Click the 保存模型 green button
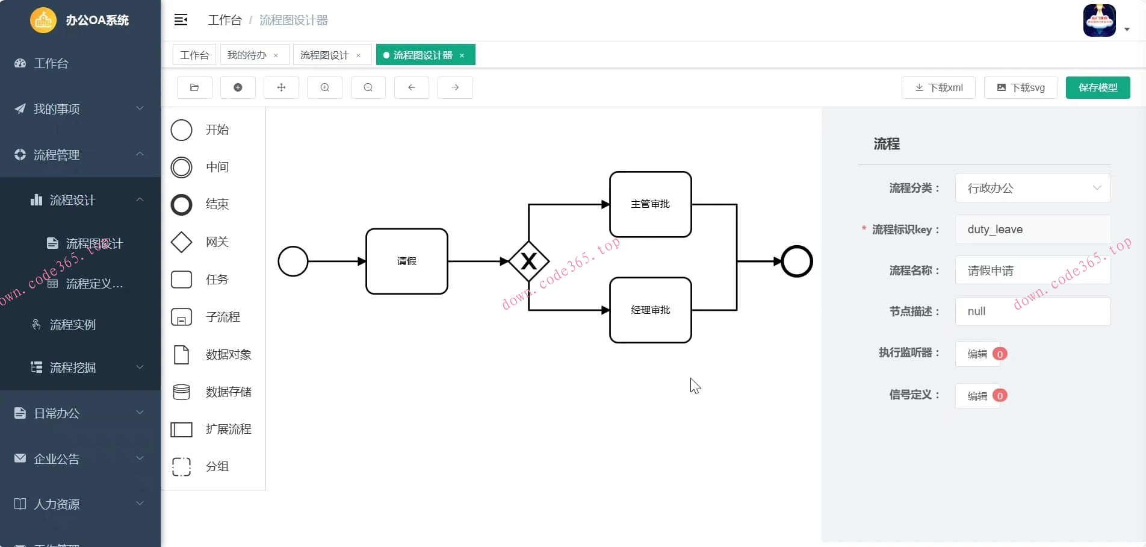tap(1097, 87)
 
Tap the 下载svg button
tap(1020, 87)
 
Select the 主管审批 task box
tap(650, 204)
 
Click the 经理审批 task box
tap(650, 310)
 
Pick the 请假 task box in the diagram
tap(406, 261)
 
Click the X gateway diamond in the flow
tap(528, 261)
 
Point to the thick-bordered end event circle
tap(796, 261)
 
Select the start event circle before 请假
tap(293, 261)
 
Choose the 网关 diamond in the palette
tap(181, 242)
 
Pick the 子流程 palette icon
tap(181, 317)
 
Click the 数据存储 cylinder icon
tap(181, 392)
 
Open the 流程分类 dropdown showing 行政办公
tap(1032, 188)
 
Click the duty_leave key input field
tap(1032, 230)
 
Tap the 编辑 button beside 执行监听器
tap(977, 354)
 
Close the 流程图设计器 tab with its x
tap(462, 55)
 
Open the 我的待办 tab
tap(247, 55)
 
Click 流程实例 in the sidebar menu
tap(72, 325)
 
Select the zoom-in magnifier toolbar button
tap(324, 87)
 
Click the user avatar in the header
tap(1099, 20)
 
